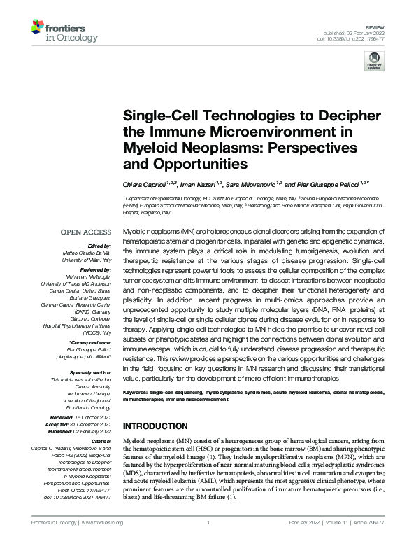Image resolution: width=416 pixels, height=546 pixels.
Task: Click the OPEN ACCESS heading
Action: (x=86, y=232)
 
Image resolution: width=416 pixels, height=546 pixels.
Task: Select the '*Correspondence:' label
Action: (x=90, y=342)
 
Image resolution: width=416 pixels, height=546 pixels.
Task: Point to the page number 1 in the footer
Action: (x=208, y=523)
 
